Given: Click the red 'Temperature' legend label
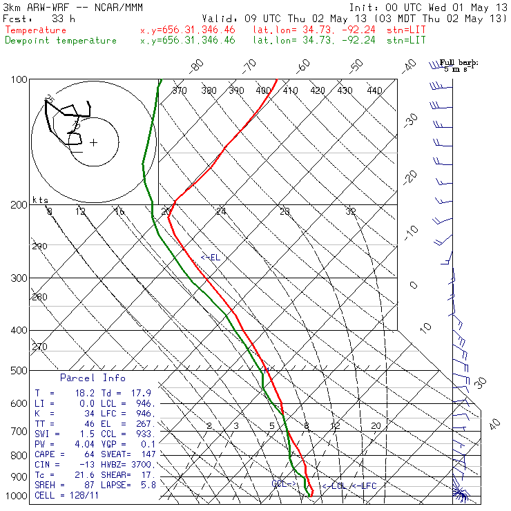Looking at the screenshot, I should pyautogui.click(x=36, y=30).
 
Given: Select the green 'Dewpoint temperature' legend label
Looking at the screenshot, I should pyautogui.click(x=61, y=41).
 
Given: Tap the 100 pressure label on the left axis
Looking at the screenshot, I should pyautogui.click(x=19, y=80).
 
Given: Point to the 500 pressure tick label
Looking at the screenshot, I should pyautogui.click(x=19, y=371).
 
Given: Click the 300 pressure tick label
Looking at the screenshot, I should pyautogui.click(x=19, y=278).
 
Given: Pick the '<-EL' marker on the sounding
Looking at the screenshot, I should pyautogui.click(x=210, y=258).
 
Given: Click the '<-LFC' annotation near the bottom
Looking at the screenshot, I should pyautogui.click(x=363, y=486).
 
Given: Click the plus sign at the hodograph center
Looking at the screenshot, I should pyautogui.click(x=93, y=143).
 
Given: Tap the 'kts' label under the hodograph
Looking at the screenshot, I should pyautogui.click(x=41, y=200).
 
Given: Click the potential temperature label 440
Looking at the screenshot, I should pyautogui.click(x=374, y=90).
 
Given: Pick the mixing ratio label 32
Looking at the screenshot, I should pyautogui.click(x=351, y=211).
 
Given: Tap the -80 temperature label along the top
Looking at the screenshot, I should pyautogui.click(x=197, y=66).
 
